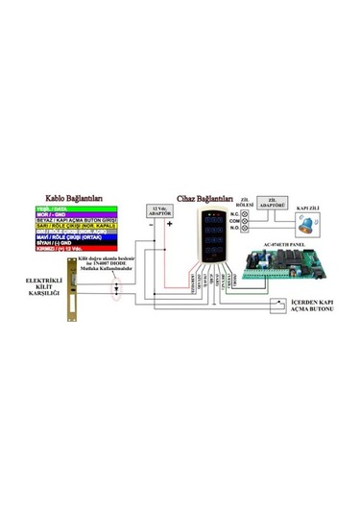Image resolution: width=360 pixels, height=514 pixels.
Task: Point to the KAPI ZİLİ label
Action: pyautogui.click(x=308, y=208)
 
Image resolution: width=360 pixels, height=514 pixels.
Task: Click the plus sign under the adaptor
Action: pyautogui.click(x=169, y=227)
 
